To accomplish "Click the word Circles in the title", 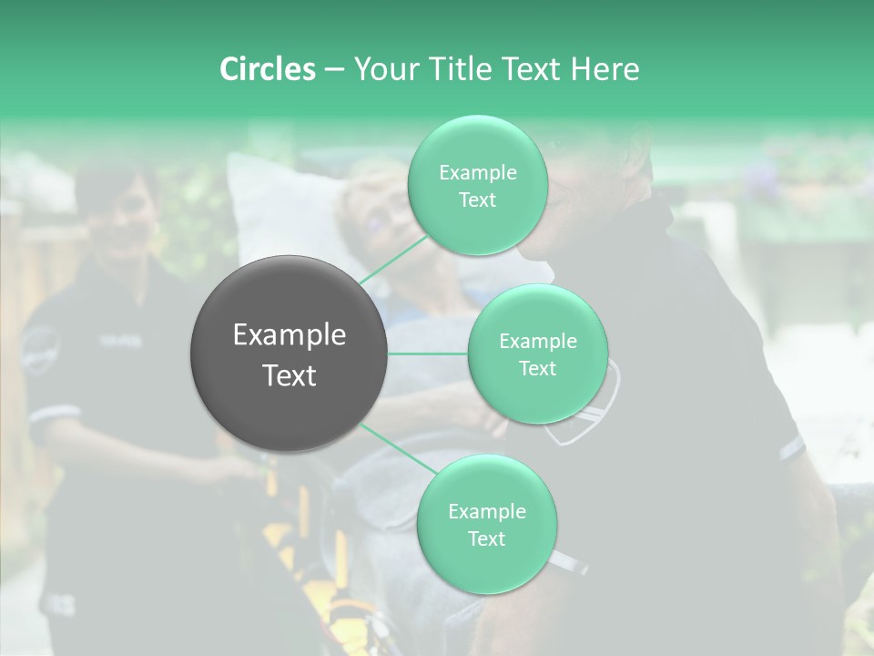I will click(267, 69).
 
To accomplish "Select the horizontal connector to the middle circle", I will click(428, 354).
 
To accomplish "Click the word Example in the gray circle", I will click(290, 335).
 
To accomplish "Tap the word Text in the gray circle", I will click(290, 375).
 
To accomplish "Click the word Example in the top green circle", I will click(477, 173).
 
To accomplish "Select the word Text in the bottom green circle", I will click(486, 538).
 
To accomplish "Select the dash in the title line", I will click(333, 69).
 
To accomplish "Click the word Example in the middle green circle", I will click(537, 342).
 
